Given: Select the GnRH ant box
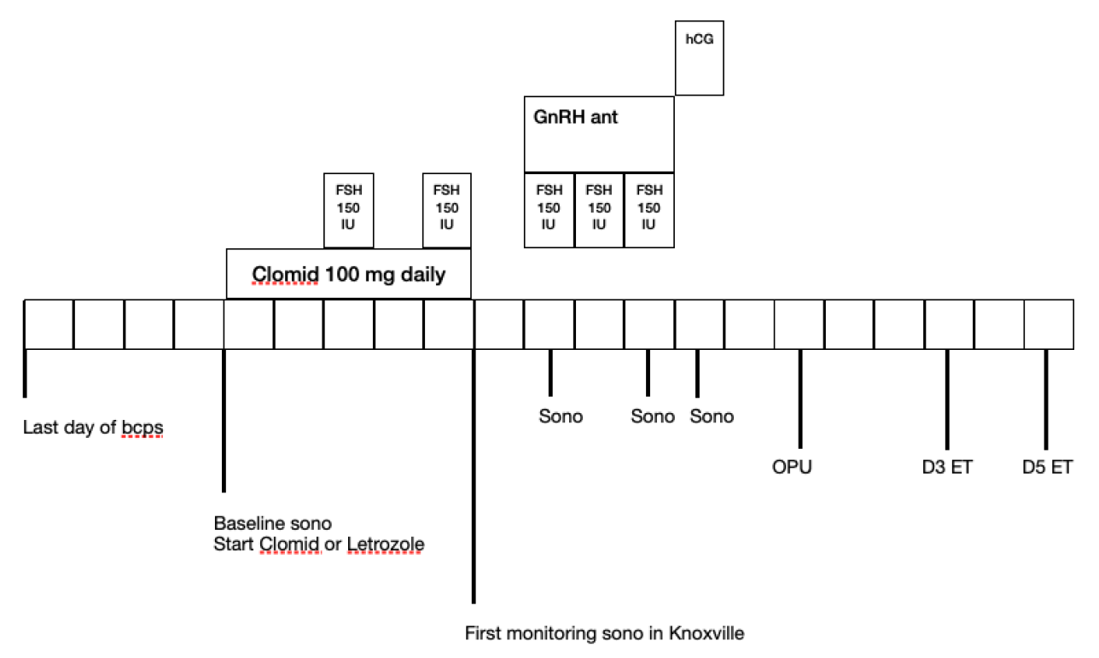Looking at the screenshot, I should point(598,134).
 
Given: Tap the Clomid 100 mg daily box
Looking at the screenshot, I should point(348,274).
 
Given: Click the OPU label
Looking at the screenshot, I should point(791,468).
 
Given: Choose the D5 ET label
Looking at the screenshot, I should point(1047,468).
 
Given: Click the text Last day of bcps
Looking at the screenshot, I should point(93,428).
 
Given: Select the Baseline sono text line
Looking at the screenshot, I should point(272,523).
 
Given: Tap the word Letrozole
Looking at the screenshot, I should point(386,544).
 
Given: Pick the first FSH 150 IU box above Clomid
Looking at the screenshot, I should point(348,210).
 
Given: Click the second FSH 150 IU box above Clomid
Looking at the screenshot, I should point(446,210).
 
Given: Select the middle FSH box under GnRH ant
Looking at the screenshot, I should point(599,210).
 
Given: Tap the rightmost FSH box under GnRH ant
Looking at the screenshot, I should point(648,210).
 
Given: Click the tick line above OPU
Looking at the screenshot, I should point(800,398).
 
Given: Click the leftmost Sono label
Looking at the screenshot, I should point(561,416).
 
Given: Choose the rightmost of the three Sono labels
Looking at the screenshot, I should point(712,416).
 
